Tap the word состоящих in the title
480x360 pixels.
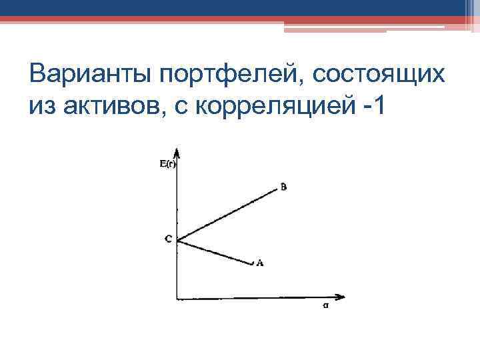tap(381, 73)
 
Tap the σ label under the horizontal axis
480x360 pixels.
tap(325, 308)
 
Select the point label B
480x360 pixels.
tap(284, 187)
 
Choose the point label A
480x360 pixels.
tap(260, 263)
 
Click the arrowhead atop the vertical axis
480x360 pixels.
tap(176, 151)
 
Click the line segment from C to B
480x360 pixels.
tap(227, 215)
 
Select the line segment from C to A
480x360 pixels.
tap(215, 252)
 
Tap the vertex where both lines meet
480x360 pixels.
tap(177, 239)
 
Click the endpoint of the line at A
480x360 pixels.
tap(253, 265)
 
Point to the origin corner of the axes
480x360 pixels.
tap(177, 298)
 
